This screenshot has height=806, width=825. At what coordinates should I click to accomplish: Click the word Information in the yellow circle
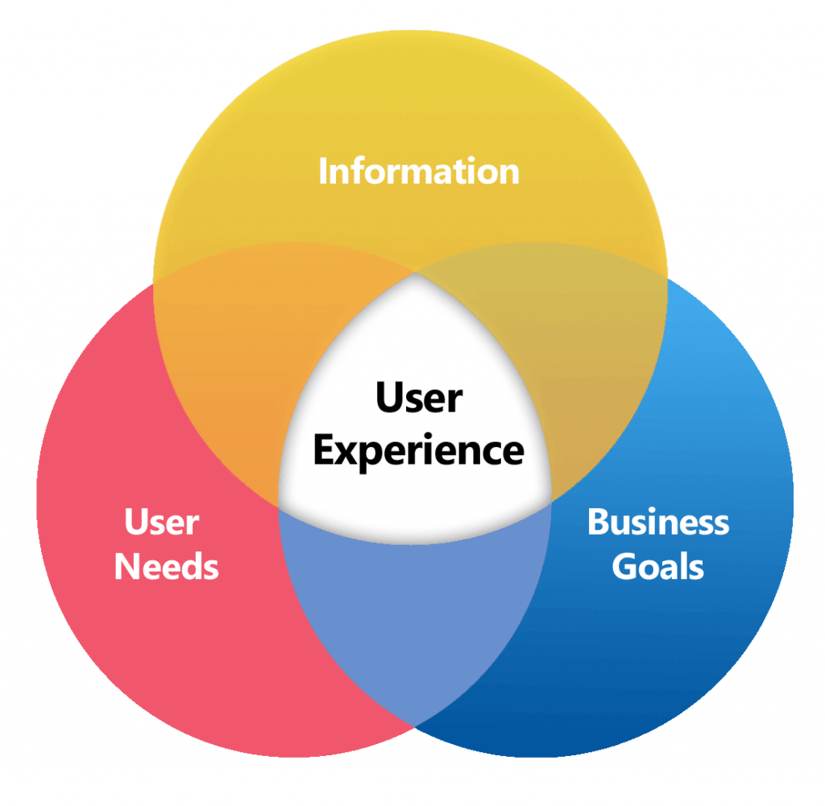pos(418,172)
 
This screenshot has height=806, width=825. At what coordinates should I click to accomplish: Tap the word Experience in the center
pos(418,452)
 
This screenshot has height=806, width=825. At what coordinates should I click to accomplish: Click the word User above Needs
pos(161,523)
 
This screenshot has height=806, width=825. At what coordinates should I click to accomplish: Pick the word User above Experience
pos(418,398)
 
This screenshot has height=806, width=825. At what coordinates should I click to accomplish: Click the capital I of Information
pos(323,172)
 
